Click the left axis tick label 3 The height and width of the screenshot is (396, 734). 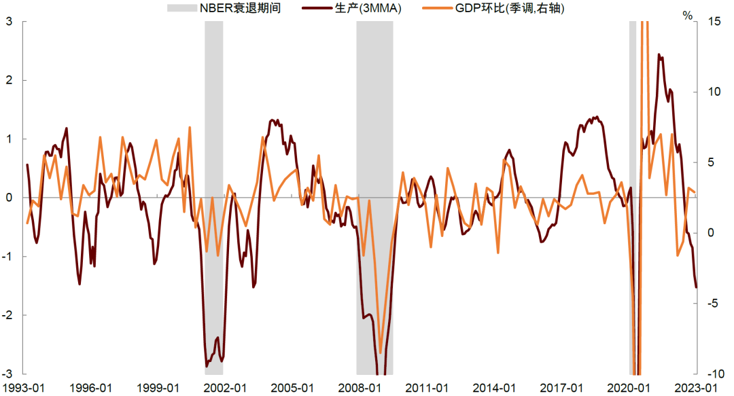[x=10, y=22]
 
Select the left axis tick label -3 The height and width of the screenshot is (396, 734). [x=7, y=374]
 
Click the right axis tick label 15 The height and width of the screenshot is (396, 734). [x=714, y=22]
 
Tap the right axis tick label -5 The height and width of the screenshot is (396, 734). [x=714, y=303]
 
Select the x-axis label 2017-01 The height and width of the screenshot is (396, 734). [x=561, y=388]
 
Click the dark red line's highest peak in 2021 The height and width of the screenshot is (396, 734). [x=658, y=54]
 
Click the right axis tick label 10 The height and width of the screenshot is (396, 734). [x=714, y=92]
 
